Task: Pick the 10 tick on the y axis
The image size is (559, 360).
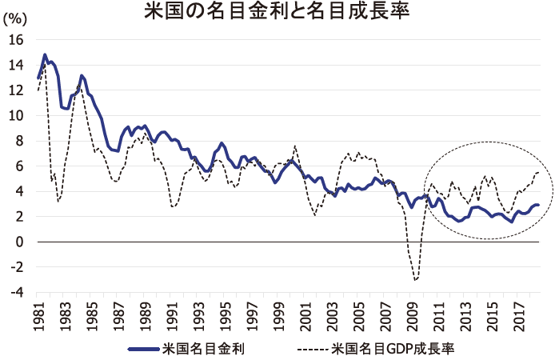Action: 18,115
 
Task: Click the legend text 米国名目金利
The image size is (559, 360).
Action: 203,349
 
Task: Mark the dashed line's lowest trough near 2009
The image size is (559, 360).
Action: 415,280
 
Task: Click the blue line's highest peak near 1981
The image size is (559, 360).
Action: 45,54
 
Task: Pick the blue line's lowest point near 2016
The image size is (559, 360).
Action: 512,221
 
